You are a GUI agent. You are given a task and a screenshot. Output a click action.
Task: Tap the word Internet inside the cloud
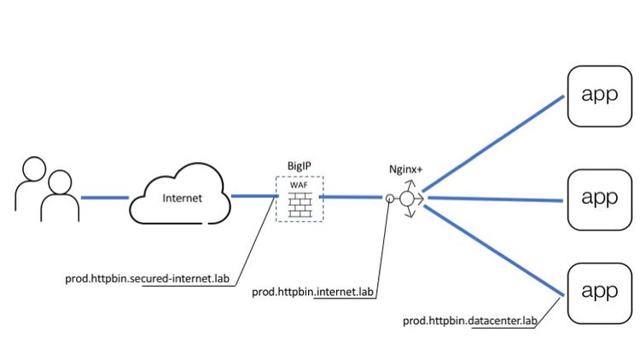[183, 199]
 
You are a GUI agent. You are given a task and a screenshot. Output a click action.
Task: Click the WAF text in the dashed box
[300, 184]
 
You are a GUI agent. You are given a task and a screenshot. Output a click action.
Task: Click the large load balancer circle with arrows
[407, 198]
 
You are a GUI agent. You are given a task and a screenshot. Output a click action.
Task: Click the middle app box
[599, 198]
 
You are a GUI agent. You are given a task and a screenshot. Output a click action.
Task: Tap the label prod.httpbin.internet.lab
[313, 292]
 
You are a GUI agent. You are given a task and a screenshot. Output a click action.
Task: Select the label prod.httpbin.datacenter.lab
[471, 321]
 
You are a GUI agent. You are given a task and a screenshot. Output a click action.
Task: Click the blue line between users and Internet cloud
[104, 198]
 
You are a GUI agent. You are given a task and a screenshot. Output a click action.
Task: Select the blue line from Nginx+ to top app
[495, 142]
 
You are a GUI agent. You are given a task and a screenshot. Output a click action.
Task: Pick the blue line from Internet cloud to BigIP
[253, 197]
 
